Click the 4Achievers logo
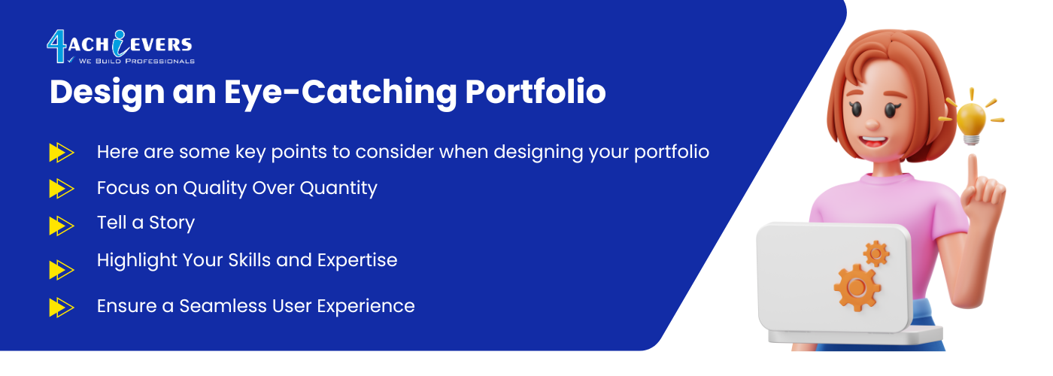120,47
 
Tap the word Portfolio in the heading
536,91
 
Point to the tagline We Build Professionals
137,61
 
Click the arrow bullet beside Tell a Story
62,226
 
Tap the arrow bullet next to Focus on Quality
62,189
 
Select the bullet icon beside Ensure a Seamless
62,308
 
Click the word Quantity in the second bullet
338,189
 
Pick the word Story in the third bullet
171,223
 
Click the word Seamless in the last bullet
223,306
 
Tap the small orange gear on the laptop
876,254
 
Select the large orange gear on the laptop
857,287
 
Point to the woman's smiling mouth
873,141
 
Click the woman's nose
872,124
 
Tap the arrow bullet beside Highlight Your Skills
62,270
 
